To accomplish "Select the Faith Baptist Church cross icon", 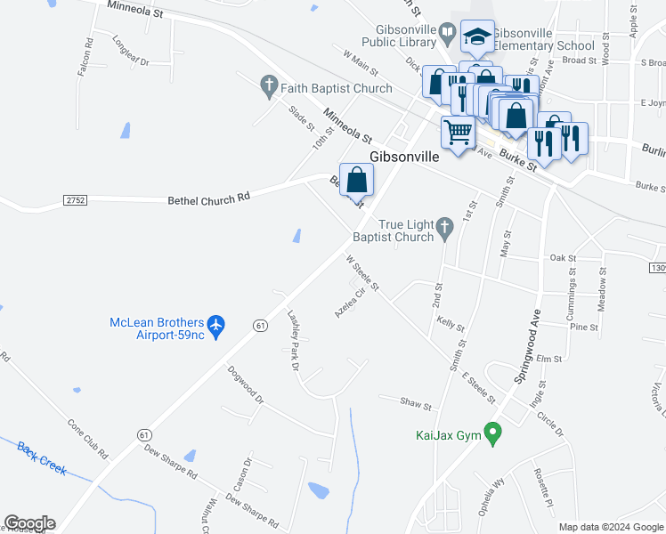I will tap(268, 88).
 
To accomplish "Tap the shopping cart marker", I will tap(459, 133).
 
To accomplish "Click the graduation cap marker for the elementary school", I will tap(477, 37).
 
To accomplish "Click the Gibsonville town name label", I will tap(404, 157).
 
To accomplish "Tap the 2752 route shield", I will tap(76, 201).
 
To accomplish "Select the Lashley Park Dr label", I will tap(290, 333).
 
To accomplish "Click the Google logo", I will tap(29, 523).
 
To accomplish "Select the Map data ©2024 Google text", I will tap(610, 527).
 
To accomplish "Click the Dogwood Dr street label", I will tap(245, 385).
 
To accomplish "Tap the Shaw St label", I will tap(416, 406).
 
